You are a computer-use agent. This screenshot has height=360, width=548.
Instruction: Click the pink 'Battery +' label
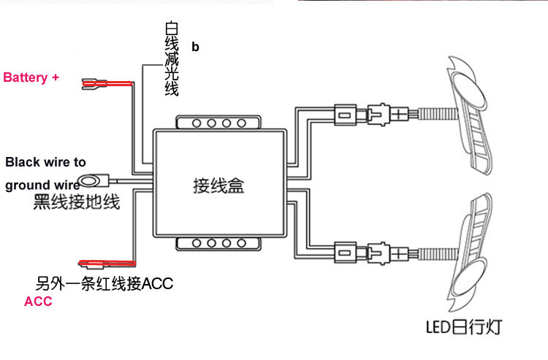(31, 77)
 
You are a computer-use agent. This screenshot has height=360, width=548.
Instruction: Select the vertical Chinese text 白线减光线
(172, 58)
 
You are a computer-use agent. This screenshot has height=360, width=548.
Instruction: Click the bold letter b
(195, 47)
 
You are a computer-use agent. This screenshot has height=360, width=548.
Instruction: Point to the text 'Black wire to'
(45, 162)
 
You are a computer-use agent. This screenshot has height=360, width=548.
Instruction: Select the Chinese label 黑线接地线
(77, 202)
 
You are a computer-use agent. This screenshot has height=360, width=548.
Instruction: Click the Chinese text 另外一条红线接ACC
(104, 283)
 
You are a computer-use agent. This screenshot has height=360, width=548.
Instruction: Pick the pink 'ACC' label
(38, 302)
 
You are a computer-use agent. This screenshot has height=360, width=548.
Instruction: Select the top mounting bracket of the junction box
(218, 122)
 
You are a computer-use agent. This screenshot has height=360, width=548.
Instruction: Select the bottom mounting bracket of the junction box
(218, 244)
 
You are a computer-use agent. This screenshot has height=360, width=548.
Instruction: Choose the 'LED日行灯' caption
(465, 326)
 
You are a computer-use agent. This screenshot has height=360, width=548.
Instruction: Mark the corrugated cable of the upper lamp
(437, 115)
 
